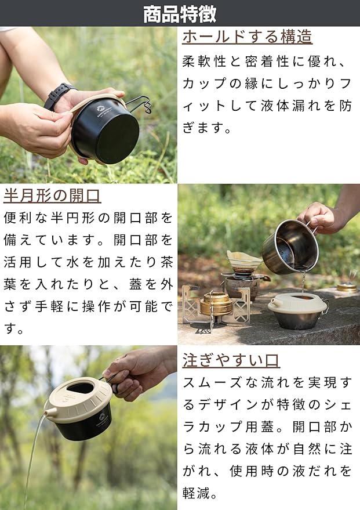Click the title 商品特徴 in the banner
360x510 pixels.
tap(180, 14)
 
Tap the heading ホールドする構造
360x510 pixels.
tap(247, 37)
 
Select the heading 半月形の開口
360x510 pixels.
tap(52, 196)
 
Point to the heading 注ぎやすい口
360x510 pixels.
tap(231, 360)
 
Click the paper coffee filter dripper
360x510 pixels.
tap(244, 259)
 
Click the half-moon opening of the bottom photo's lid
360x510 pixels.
tap(80, 388)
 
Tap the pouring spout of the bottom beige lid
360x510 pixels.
tap(49, 412)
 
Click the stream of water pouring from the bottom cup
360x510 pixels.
tap(32, 462)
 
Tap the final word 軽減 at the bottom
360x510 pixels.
tap(195, 493)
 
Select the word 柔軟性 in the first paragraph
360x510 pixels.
tap(203, 62)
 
